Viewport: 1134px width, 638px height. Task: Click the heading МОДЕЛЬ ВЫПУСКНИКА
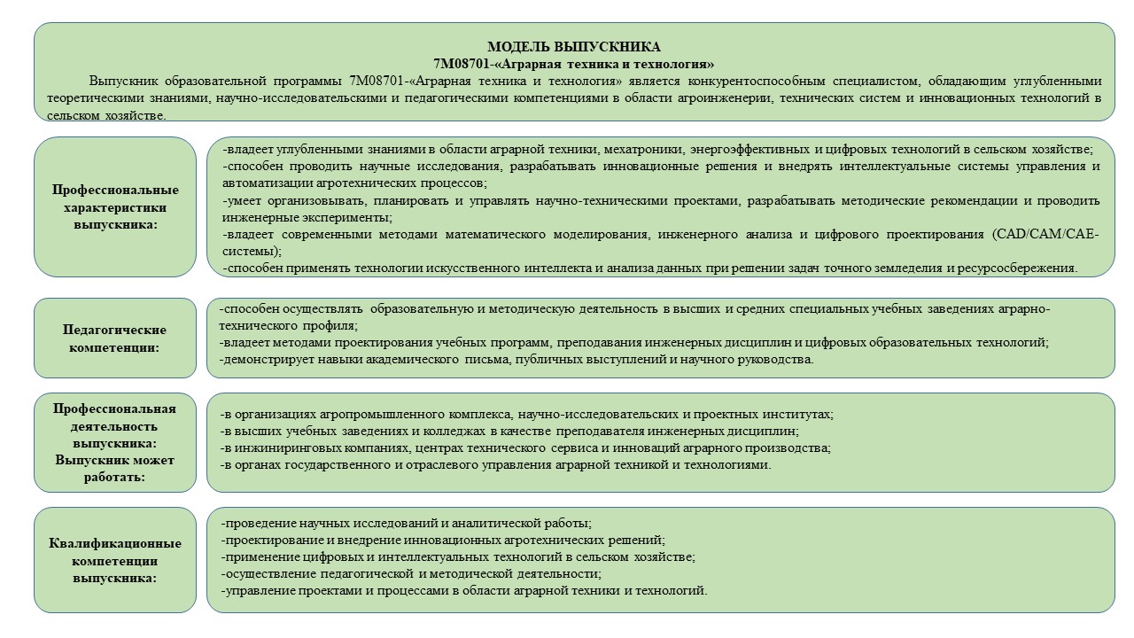pyautogui.click(x=574, y=47)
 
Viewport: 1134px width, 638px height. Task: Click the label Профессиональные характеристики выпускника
pyautogui.click(x=115, y=207)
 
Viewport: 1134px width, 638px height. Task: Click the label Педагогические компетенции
pyautogui.click(x=115, y=338)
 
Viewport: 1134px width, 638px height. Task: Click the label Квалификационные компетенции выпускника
pyautogui.click(x=115, y=560)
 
